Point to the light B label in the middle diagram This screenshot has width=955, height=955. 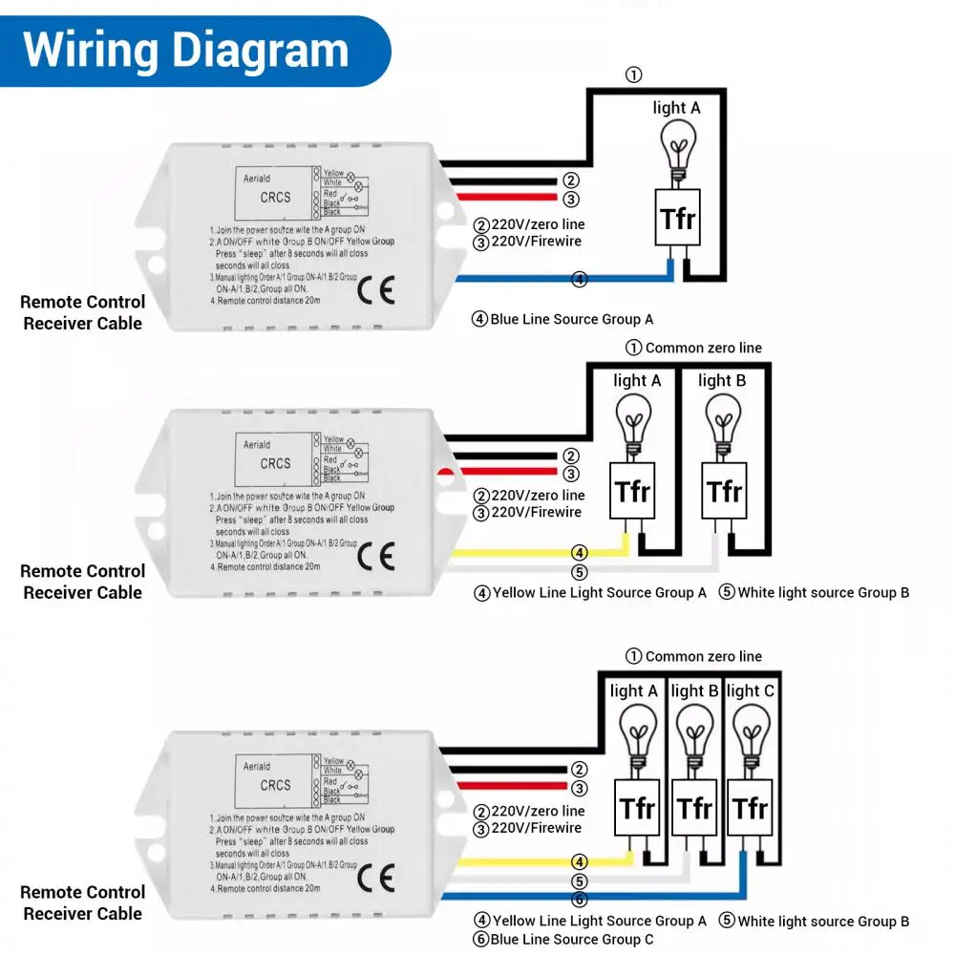[x=722, y=380]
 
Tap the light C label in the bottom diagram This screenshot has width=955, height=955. [x=750, y=690]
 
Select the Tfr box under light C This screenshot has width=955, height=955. [x=750, y=808]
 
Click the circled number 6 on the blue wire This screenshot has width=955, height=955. [x=580, y=900]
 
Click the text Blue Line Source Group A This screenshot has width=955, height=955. [x=571, y=319]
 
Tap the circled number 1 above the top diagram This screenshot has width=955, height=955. [x=633, y=74]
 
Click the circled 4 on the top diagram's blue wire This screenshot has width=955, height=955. [x=579, y=280]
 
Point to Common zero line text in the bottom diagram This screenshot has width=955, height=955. [x=703, y=656]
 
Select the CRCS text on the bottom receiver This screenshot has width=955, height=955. [x=276, y=785]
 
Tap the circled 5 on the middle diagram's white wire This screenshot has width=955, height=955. [x=579, y=572]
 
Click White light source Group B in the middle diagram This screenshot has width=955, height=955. [x=822, y=592]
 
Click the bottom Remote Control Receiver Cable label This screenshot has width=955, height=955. [x=83, y=902]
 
